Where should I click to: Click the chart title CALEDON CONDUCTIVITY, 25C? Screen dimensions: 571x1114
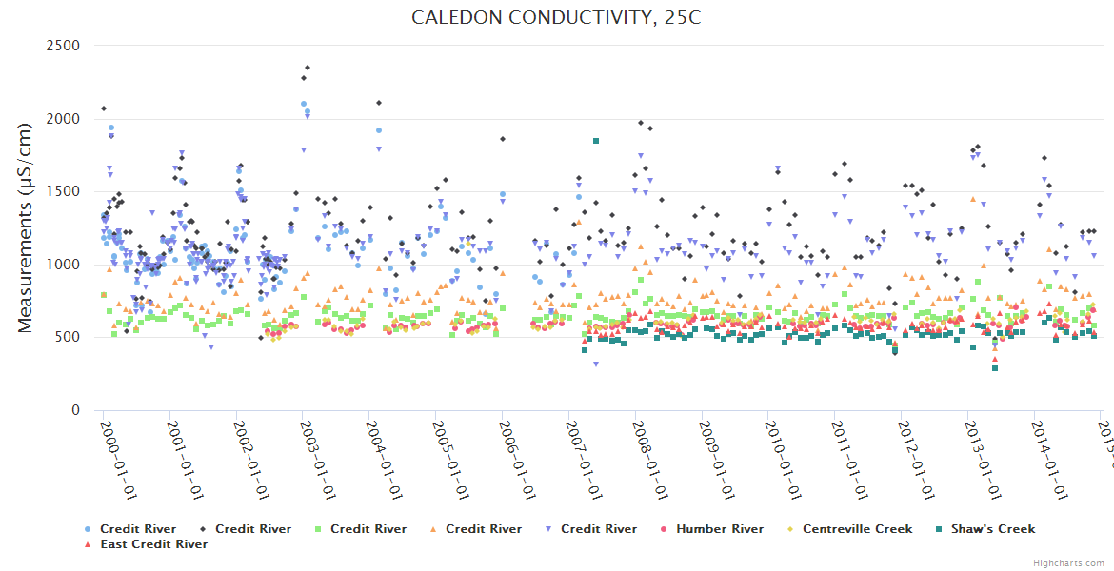(x=556, y=18)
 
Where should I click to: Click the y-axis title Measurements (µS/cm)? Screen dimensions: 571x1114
(x=26, y=231)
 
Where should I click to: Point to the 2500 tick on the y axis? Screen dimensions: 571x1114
(x=63, y=46)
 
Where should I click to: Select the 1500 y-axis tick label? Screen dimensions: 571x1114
(x=63, y=191)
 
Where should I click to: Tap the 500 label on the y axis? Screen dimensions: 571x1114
(x=68, y=338)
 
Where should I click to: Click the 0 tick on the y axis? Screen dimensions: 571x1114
(x=74, y=411)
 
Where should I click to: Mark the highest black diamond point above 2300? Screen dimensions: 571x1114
(x=308, y=68)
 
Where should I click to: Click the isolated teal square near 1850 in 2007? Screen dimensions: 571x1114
(x=596, y=141)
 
